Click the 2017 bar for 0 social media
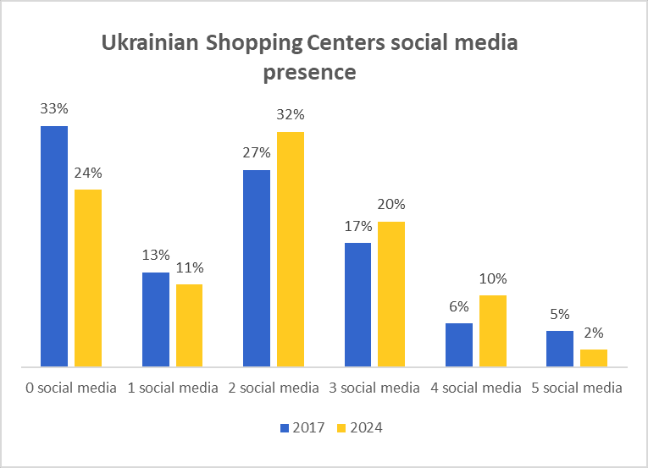click(54, 246)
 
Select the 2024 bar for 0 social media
click(88, 278)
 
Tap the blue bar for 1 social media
click(156, 319)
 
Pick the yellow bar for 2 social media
click(291, 249)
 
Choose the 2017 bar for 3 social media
click(357, 305)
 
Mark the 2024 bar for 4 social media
click(493, 331)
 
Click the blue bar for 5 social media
click(560, 349)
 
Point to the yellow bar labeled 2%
click(594, 358)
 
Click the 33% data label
click(54, 109)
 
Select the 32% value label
click(291, 115)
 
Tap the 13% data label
click(156, 255)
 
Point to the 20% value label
click(391, 204)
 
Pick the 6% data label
click(459, 306)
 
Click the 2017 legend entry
click(303, 427)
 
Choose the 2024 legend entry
click(360, 427)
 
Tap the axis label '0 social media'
click(69, 388)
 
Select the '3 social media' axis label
click(374, 388)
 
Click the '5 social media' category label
click(576, 388)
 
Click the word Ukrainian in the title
click(149, 43)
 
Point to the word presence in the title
click(309, 72)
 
